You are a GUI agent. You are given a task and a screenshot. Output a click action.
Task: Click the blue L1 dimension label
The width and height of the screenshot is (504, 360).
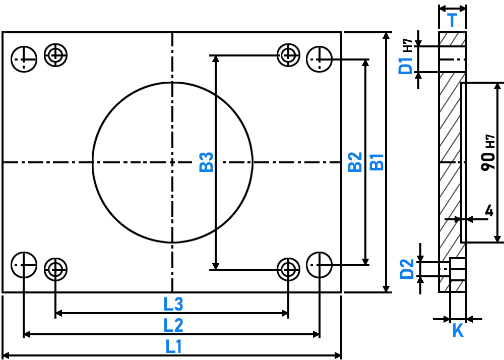[x=173, y=346]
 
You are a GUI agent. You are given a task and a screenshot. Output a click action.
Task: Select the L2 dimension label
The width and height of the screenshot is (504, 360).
[x=173, y=325]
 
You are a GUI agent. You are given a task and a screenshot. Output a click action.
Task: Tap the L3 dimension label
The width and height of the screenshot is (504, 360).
[x=173, y=304]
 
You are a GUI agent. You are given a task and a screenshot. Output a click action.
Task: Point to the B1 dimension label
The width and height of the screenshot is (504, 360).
[x=377, y=162]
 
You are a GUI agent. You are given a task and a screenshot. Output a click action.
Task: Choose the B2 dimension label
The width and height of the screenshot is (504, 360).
[x=355, y=162]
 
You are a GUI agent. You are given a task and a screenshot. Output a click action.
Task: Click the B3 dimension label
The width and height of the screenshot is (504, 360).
[x=206, y=162]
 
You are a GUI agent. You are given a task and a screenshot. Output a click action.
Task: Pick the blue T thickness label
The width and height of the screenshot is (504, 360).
[x=452, y=20]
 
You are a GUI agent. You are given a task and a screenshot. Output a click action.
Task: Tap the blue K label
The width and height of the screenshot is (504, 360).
[x=458, y=330]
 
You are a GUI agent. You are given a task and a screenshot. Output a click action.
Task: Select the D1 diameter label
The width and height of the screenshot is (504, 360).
[x=405, y=66]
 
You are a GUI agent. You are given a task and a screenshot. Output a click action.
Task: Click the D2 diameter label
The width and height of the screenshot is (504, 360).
[x=407, y=269]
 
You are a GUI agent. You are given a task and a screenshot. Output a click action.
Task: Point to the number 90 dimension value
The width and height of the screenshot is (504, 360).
[x=488, y=161]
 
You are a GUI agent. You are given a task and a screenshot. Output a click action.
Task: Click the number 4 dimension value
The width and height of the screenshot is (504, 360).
[x=489, y=211]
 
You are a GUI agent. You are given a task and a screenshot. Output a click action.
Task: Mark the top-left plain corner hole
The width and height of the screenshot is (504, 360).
[x=24, y=59]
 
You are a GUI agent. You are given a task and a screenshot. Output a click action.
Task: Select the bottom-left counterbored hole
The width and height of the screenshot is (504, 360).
[x=55, y=269]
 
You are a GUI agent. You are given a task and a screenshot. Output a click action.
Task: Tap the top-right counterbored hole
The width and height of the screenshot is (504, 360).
[x=288, y=55]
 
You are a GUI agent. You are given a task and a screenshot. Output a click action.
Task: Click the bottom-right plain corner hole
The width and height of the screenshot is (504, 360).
[x=319, y=265]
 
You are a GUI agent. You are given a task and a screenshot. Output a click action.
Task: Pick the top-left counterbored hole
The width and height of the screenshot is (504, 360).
[x=55, y=55]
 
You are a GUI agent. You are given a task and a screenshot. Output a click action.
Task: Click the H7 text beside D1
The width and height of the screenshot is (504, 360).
[x=408, y=45]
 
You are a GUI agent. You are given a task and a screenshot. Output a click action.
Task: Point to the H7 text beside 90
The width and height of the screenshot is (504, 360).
[x=490, y=141]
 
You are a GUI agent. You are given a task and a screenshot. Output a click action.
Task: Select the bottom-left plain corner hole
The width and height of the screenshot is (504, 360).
[x=24, y=265]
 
